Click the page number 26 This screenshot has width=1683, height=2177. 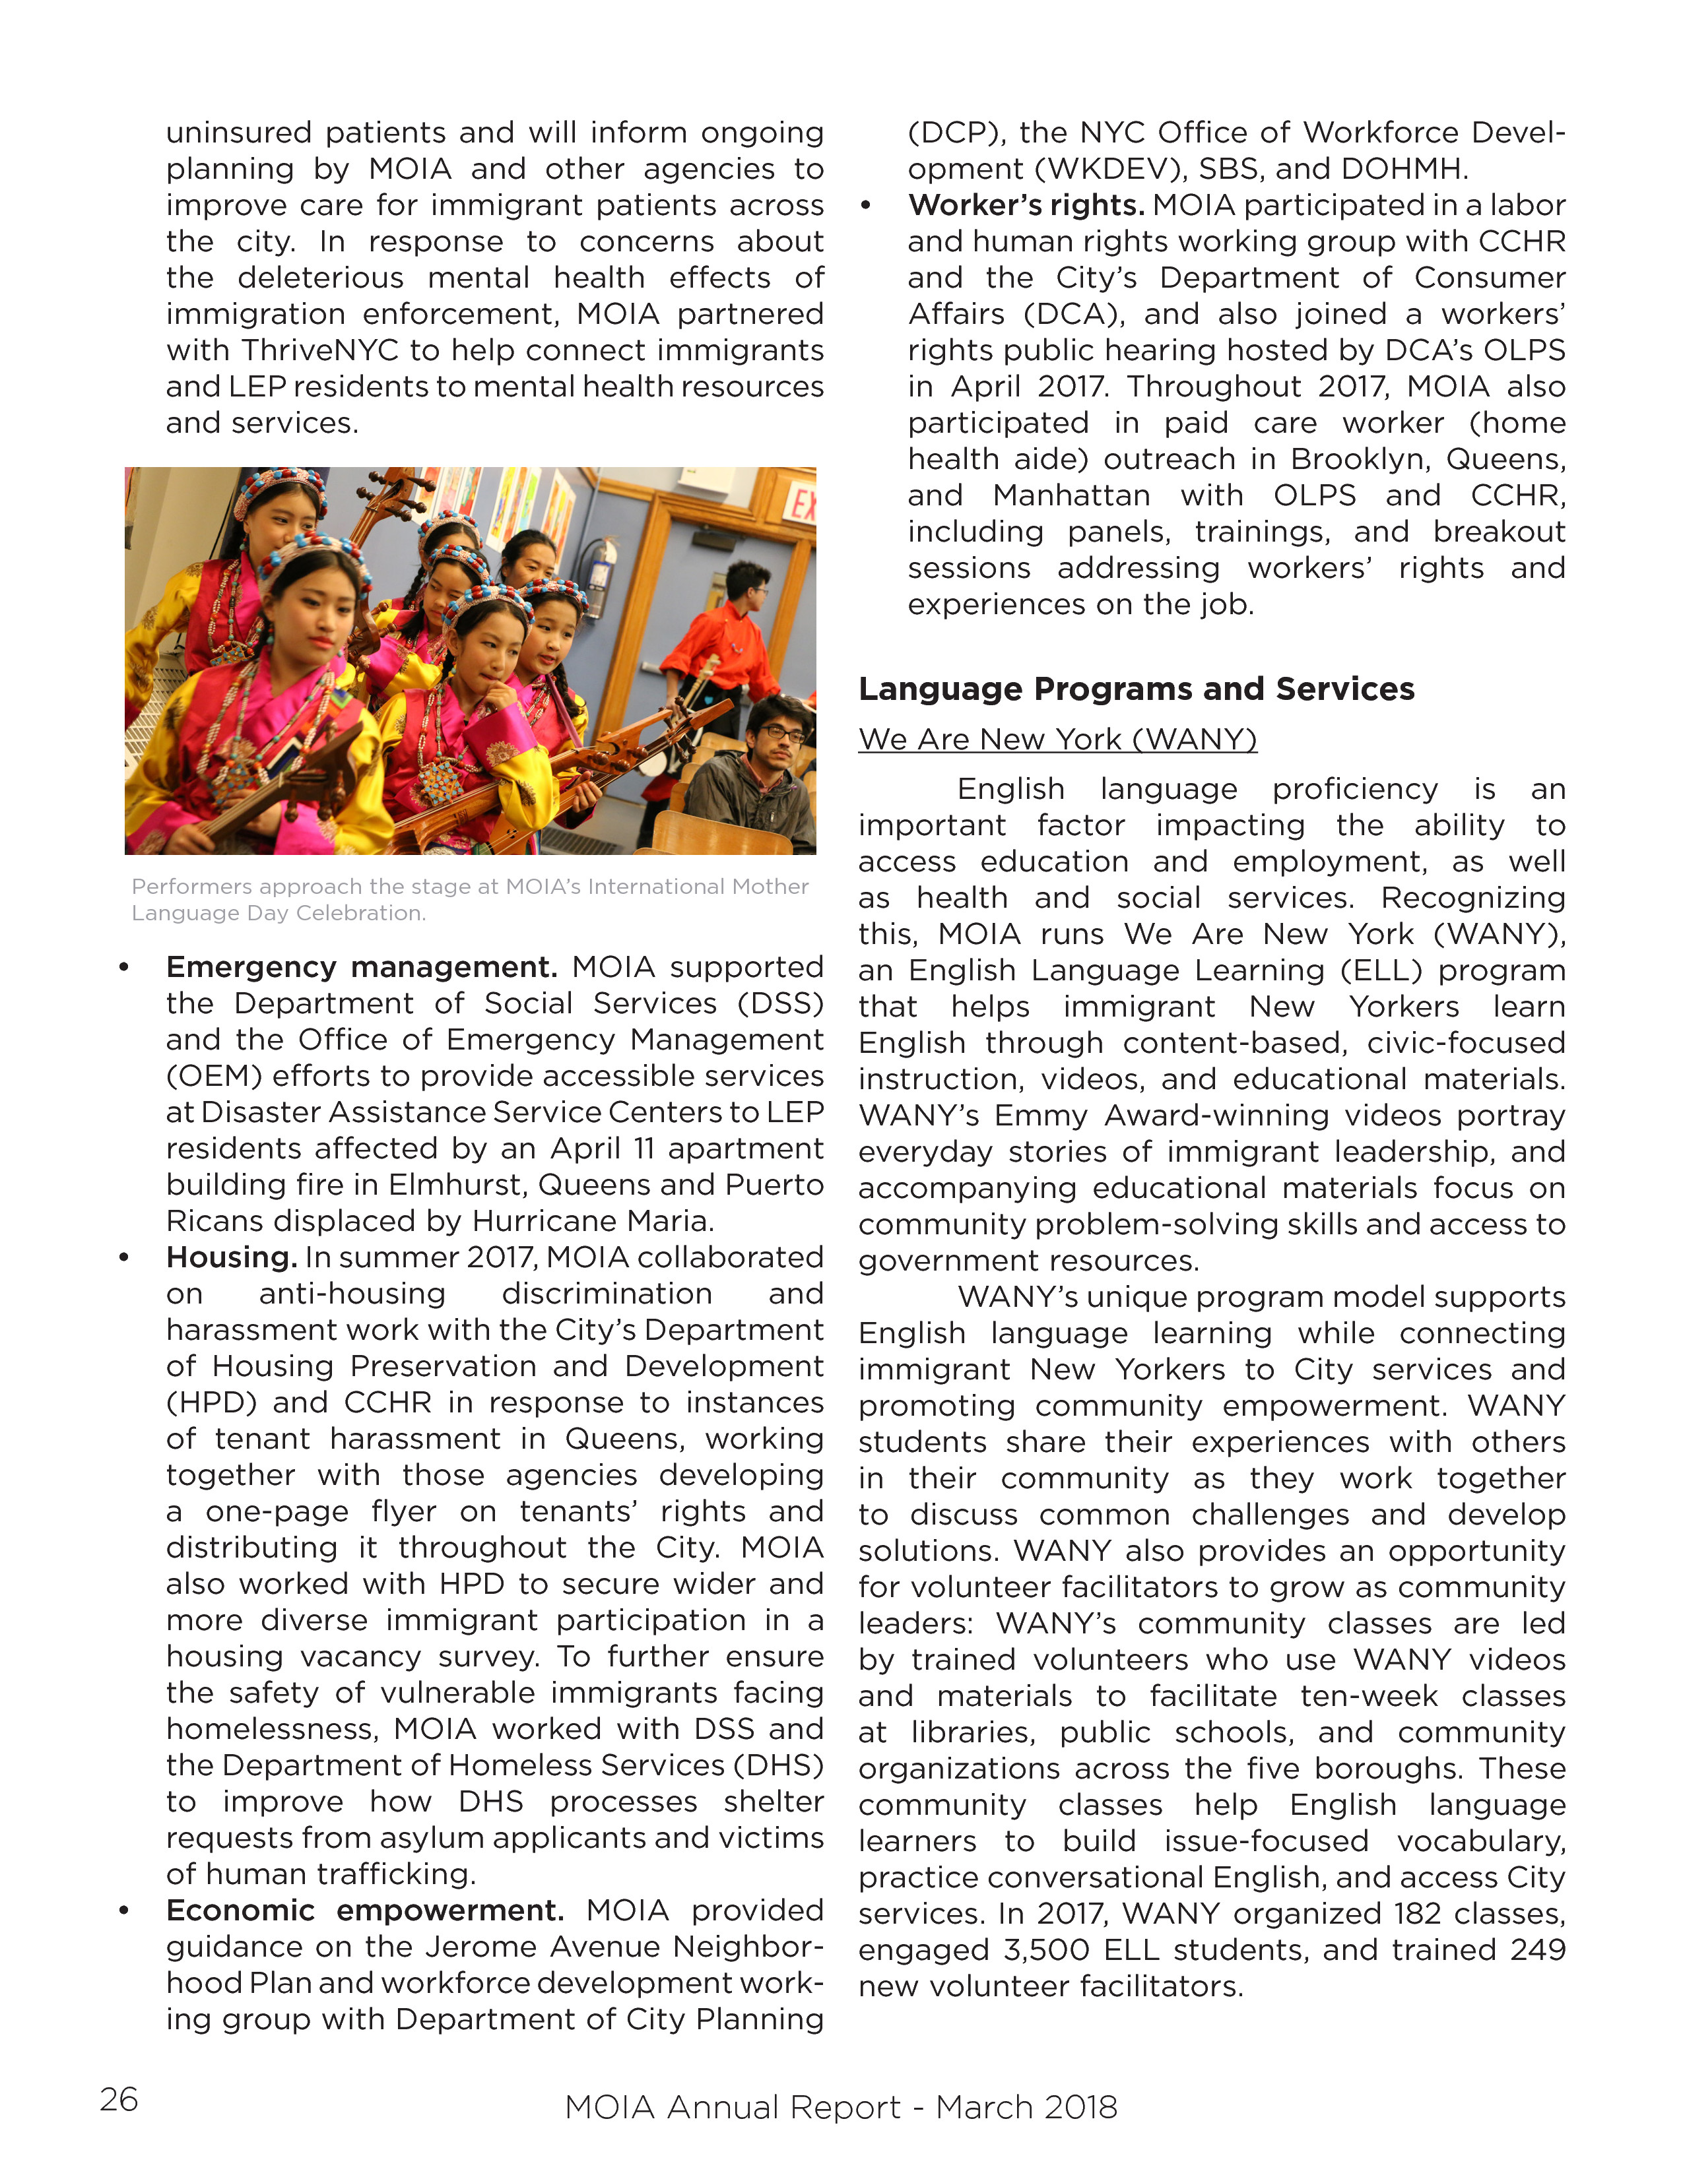pyautogui.click(x=119, y=2098)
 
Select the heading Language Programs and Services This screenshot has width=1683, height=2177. pyautogui.click(x=1136, y=689)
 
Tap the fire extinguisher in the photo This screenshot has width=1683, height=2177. pyautogui.click(x=598, y=576)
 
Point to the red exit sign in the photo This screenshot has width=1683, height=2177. pyautogui.click(x=801, y=505)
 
